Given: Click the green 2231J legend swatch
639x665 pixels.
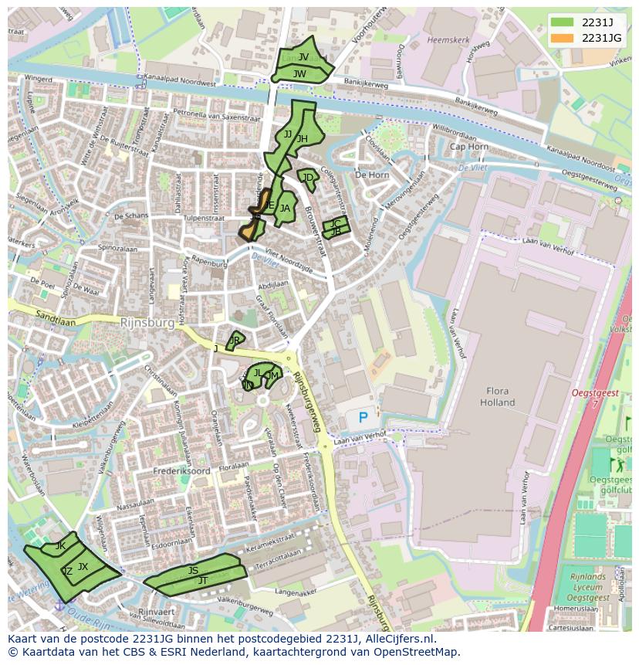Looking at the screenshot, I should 563,22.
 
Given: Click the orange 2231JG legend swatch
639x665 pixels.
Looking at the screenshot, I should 563,38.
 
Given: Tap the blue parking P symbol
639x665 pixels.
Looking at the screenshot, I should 362,418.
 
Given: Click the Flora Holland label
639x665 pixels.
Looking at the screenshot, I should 497,397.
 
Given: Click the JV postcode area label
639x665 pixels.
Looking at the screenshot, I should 303,57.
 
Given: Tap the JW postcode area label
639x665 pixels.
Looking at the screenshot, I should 299,74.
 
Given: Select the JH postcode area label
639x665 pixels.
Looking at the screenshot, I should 303,139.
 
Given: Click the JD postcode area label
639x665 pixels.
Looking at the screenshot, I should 308,178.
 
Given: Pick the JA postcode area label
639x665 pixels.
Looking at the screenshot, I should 285,208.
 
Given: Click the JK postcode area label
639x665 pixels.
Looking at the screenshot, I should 60,546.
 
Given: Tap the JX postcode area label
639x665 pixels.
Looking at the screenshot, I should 83,567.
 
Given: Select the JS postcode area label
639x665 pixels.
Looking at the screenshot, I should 193,571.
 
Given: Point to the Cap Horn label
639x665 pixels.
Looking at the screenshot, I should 468,147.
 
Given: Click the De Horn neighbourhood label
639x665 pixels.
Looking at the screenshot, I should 372,175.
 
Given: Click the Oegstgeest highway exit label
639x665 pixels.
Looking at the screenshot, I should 595,393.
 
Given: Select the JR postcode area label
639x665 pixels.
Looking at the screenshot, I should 235,340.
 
